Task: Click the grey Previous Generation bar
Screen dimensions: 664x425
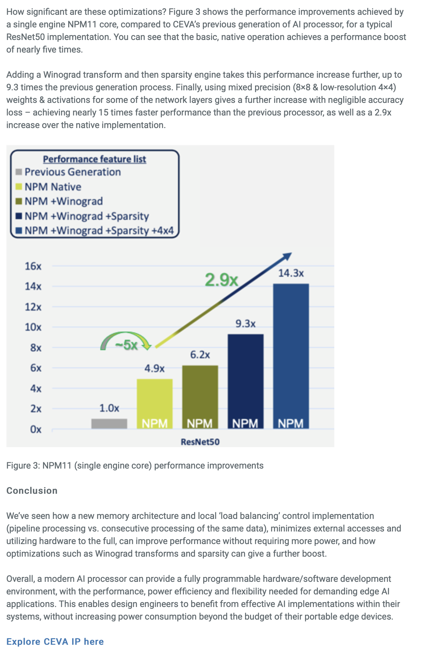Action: (x=109, y=423)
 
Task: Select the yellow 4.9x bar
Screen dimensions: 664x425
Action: (x=155, y=403)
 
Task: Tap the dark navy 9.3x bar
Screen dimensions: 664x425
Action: (x=245, y=381)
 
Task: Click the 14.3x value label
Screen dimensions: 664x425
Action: (x=291, y=273)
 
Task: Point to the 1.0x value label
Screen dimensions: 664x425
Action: (x=109, y=408)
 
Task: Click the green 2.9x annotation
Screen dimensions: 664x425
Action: (x=221, y=280)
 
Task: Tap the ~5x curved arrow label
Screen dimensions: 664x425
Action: (x=126, y=345)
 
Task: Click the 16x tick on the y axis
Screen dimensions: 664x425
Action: (x=33, y=266)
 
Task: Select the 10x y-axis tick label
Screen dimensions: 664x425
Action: (x=33, y=327)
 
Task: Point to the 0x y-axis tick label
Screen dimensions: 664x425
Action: (x=36, y=429)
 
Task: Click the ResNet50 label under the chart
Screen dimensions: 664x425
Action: (x=200, y=442)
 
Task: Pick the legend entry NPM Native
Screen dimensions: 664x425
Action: (x=53, y=187)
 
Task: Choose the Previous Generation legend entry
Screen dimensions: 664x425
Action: (x=73, y=172)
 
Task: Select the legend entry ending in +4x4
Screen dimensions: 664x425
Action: (x=99, y=231)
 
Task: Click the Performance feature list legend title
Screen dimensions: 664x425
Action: (x=94, y=159)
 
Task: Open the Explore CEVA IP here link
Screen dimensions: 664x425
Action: (x=55, y=641)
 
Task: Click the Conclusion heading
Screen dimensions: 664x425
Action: (x=32, y=490)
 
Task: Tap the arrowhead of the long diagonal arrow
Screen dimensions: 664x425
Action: (x=288, y=256)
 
